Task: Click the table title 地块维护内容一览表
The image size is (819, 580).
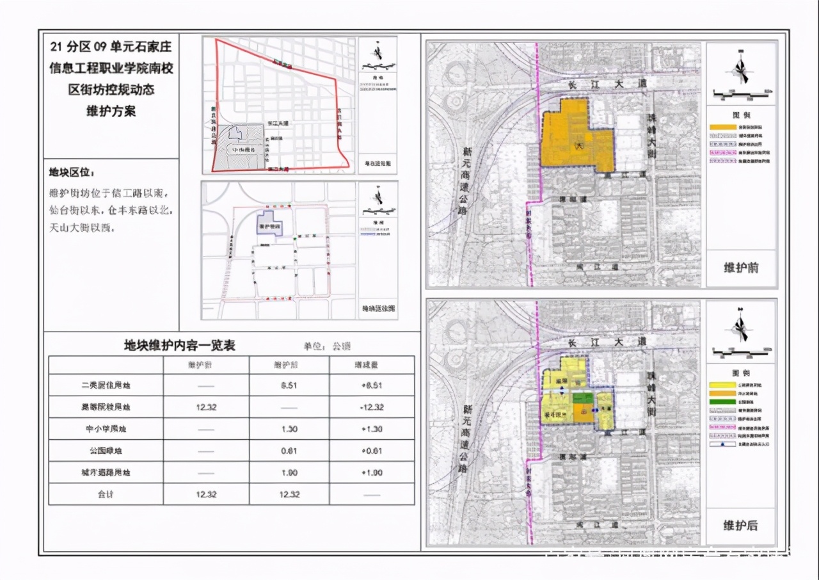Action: coord(180,346)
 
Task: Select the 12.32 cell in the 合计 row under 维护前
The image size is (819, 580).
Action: coord(206,494)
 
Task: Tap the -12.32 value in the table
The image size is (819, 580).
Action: coord(372,407)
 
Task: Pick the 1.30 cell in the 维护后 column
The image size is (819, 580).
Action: coord(289,429)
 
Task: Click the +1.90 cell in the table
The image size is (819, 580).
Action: coord(372,472)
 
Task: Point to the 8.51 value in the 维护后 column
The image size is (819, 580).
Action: coord(289,385)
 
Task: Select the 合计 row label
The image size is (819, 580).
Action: coord(106,494)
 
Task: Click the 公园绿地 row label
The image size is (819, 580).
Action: coord(106,451)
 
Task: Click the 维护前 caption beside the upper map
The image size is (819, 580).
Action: coord(741,268)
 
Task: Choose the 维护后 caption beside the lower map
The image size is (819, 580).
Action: coord(741,526)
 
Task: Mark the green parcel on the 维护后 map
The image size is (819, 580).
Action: coord(582,399)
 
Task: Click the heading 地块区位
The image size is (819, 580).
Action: coord(72,173)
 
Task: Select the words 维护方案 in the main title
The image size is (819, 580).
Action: coord(111,111)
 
